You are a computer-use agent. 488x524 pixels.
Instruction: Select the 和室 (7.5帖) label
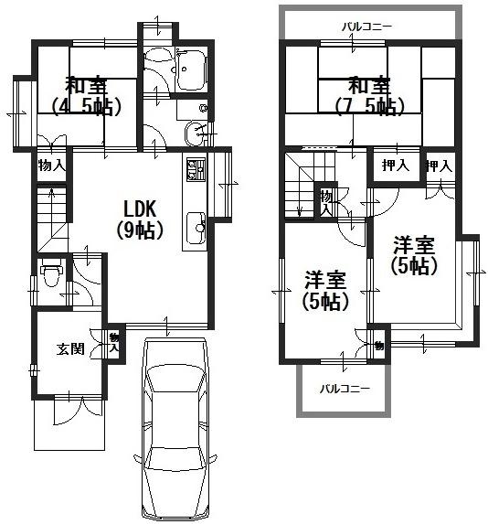point(368,96)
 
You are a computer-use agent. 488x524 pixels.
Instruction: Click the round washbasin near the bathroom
point(196,135)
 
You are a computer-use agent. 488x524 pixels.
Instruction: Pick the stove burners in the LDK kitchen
point(195,171)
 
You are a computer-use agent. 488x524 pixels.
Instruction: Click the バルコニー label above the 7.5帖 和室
point(367,26)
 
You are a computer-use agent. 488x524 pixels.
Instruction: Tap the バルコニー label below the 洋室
point(344,389)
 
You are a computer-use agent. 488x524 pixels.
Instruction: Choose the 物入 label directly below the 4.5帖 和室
point(51,166)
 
